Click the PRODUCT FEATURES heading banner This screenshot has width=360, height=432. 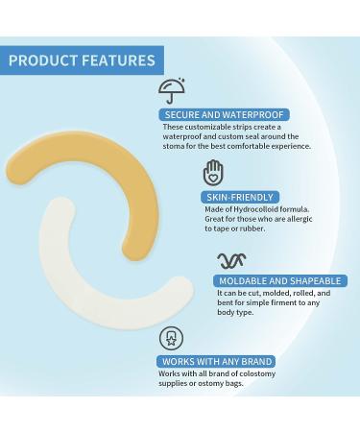click(82, 60)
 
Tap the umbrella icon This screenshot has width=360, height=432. click(174, 90)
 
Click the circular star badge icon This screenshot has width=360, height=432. click(173, 339)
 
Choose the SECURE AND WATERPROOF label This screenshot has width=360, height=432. click(221, 114)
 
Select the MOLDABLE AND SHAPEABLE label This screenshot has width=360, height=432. click(269, 280)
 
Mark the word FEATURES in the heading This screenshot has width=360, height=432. click(118, 60)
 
